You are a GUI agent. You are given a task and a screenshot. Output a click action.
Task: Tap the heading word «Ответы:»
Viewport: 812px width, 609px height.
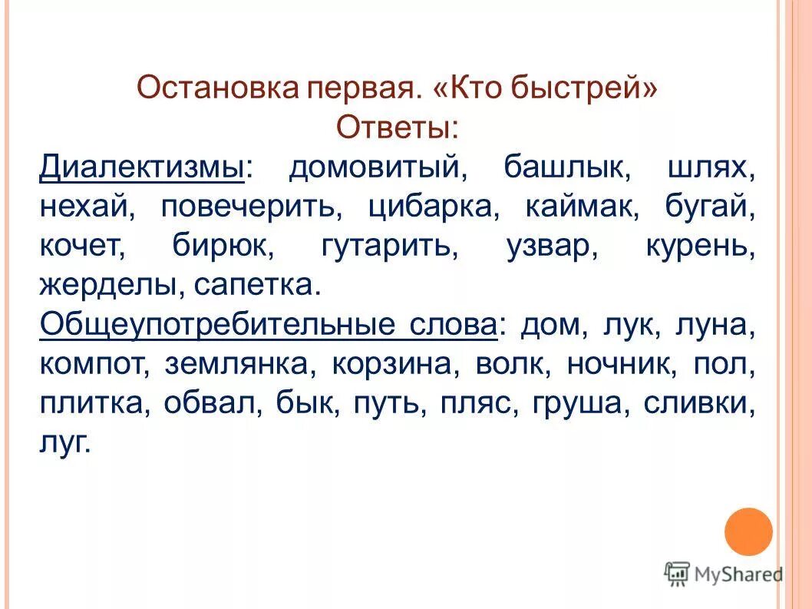(397, 127)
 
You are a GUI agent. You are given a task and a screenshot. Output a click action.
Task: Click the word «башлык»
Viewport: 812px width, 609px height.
(567, 167)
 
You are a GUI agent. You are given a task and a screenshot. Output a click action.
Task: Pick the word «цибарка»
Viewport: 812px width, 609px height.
(433, 207)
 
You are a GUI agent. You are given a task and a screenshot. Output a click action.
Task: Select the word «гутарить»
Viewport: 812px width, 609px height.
(389, 247)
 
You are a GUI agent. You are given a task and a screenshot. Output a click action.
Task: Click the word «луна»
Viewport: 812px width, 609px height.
(715, 326)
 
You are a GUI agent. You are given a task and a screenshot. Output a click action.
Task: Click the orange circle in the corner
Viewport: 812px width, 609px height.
(748, 531)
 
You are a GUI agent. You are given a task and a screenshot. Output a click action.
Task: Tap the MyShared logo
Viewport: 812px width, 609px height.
(725, 573)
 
